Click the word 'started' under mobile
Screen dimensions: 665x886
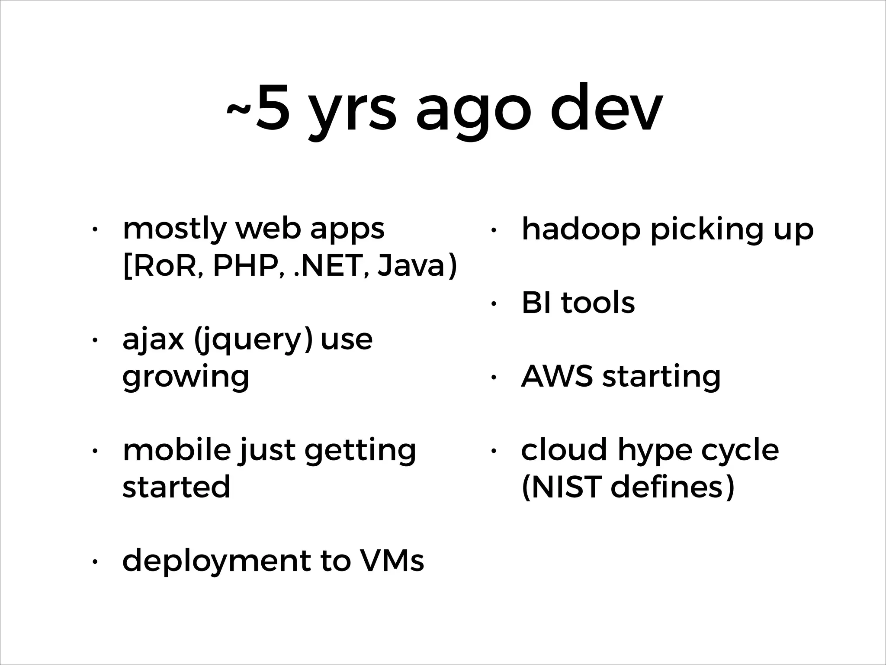tap(176, 487)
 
